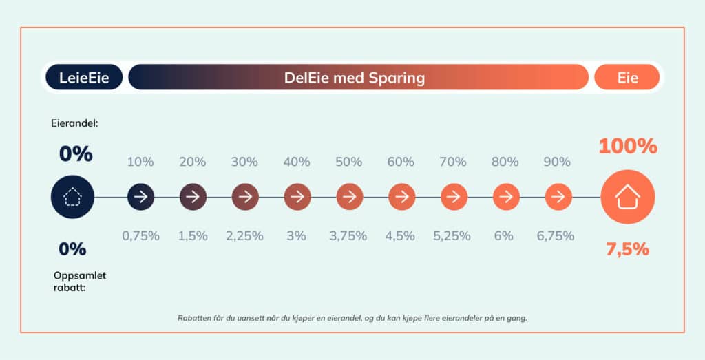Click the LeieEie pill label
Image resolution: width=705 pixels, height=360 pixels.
tap(83, 78)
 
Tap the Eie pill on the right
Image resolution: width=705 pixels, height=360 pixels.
tap(627, 78)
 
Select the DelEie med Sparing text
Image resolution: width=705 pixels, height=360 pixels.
tap(355, 78)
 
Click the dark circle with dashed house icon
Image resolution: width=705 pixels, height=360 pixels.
tap(72, 198)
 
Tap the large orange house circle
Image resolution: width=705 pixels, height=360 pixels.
tap(627, 198)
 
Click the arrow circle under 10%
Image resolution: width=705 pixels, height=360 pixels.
tap(140, 198)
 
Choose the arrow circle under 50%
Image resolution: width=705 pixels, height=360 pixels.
tap(349, 198)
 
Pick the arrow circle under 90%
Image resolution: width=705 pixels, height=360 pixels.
tap(558, 198)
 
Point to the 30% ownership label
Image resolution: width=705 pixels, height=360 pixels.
tap(244, 162)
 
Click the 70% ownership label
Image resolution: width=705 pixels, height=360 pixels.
tap(453, 162)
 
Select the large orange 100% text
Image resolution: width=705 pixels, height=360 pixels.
tap(627, 147)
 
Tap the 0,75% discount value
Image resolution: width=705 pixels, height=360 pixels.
tap(140, 235)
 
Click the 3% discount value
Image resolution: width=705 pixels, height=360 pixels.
tap(297, 235)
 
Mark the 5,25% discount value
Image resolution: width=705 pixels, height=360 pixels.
tap(452, 235)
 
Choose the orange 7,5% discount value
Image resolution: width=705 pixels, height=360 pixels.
tap(627, 249)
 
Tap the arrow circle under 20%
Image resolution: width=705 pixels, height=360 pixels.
tap(193, 198)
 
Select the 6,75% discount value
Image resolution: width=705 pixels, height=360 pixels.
tap(555, 235)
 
